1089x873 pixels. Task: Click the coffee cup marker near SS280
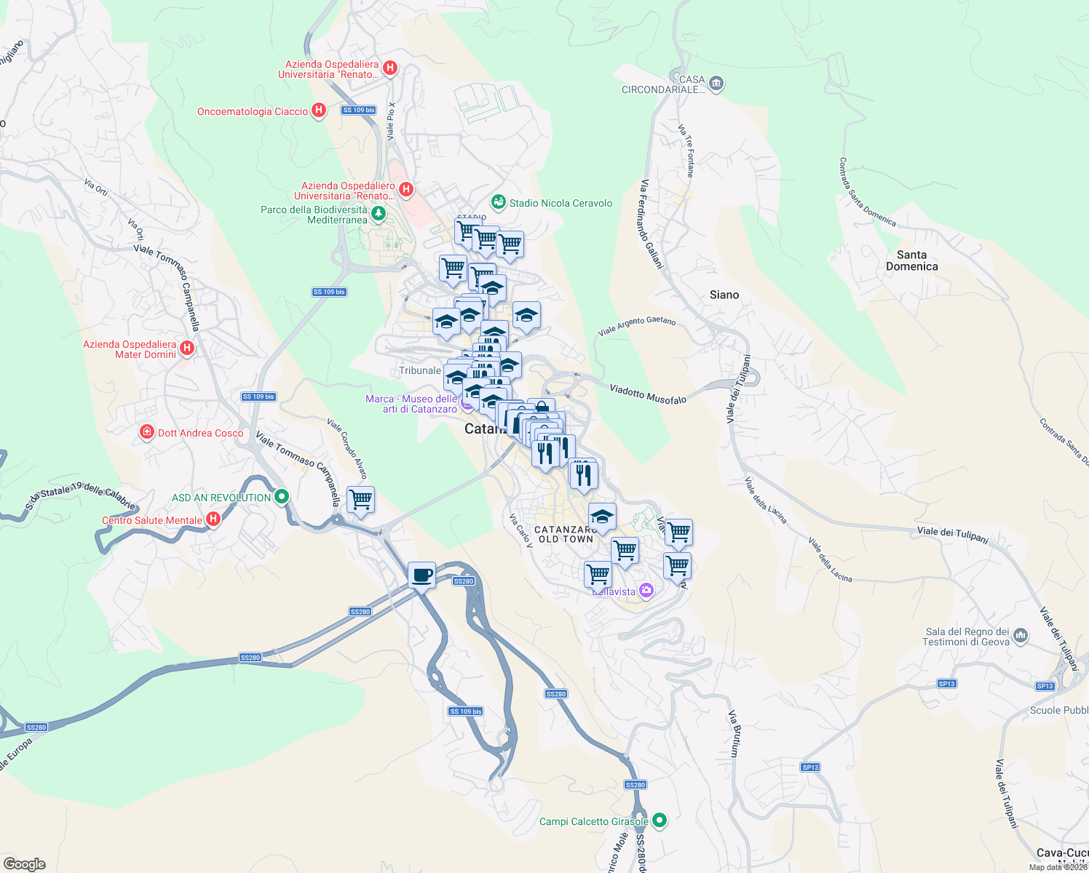click(421, 575)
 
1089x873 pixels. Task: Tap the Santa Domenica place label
click(911, 260)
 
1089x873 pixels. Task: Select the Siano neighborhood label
click(724, 295)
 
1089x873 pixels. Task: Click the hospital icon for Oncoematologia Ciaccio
click(318, 111)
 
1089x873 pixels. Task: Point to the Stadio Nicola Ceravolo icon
click(498, 202)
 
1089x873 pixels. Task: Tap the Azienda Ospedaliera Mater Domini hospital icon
click(187, 348)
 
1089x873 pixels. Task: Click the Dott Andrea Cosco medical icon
click(147, 432)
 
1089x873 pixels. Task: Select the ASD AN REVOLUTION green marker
click(281, 497)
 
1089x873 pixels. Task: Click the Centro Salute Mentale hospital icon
click(213, 519)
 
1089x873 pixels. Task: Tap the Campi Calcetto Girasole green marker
click(660, 821)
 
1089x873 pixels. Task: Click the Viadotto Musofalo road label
click(648, 394)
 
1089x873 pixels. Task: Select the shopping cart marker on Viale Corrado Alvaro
click(360, 500)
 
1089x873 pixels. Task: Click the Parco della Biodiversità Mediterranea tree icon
click(378, 213)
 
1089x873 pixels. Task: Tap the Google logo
click(25, 864)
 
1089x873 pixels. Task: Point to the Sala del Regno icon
click(1020, 635)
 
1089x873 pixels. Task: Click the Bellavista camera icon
click(646, 589)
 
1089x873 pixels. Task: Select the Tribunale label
click(420, 370)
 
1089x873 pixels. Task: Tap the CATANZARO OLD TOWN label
click(566, 535)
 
